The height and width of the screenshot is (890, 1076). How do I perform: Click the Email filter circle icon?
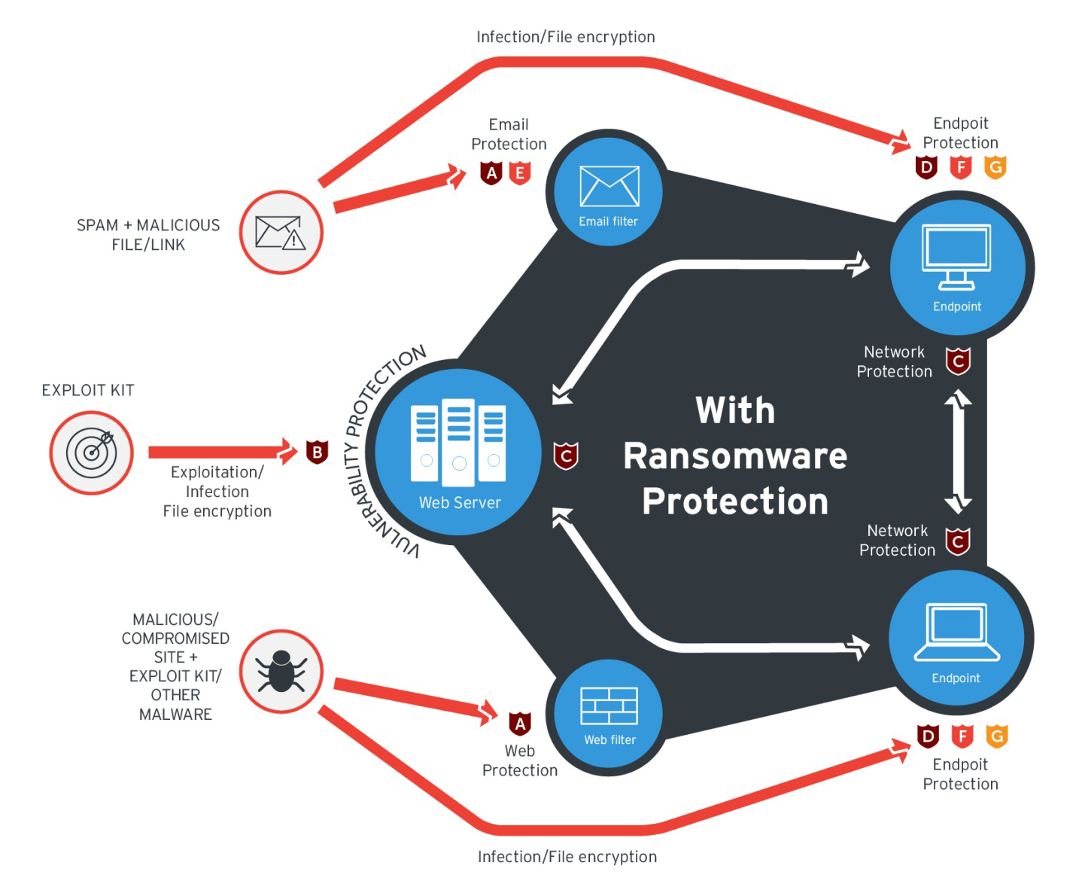[x=608, y=191]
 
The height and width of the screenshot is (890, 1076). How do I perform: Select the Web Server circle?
[x=458, y=452]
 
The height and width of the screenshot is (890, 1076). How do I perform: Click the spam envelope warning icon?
[x=281, y=233]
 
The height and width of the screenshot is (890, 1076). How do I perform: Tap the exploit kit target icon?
[x=92, y=453]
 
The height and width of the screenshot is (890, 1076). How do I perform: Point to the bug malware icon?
[x=281, y=672]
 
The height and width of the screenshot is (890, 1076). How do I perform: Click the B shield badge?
[x=317, y=452]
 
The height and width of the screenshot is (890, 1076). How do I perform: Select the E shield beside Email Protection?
[x=520, y=173]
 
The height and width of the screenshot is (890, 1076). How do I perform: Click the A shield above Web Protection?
[x=520, y=724]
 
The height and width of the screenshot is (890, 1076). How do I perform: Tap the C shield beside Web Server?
[x=566, y=456]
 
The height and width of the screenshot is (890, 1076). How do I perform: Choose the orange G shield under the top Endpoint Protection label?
[x=995, y=166]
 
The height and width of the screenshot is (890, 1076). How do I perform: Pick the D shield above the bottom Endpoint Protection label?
[x=928, y=736]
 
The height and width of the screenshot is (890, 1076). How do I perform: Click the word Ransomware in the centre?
[x=735, y=456]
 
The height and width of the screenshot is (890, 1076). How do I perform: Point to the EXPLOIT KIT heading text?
[x=87, y=390]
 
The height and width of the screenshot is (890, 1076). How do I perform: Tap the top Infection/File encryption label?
[x=565, y=37]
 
